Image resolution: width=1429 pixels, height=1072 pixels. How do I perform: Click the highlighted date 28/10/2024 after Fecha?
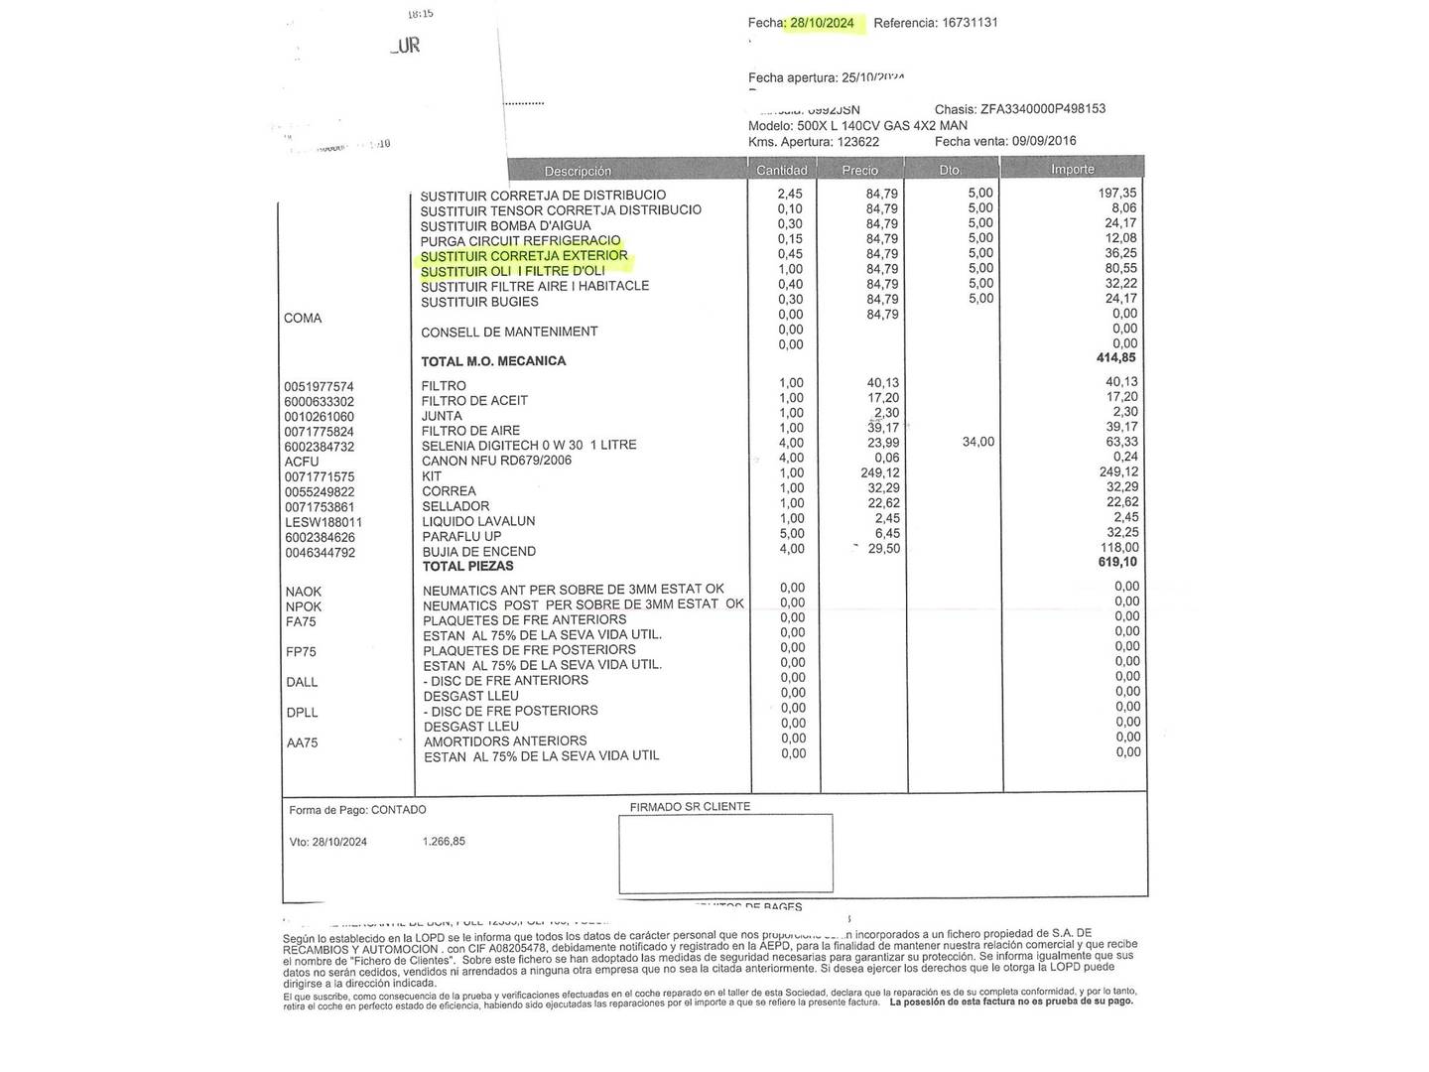(x=822, y=23)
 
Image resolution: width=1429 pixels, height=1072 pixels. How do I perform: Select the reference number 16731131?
(x=970, y=23)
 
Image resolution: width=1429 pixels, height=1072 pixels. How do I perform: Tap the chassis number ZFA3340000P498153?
(x=1042, y=109)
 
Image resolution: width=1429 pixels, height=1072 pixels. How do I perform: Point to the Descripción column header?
(x=578, y=171)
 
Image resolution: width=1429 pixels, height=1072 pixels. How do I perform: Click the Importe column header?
(x=1072, y=170)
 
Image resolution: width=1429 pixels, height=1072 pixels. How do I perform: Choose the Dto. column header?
(x=951, y=170)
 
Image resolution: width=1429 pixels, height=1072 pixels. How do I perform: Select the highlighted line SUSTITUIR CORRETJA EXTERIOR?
(x=524, y=256)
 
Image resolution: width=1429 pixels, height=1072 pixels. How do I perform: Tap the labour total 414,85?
(x=1115, y=357)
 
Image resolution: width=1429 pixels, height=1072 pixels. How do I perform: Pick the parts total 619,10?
(x=1116, y=562)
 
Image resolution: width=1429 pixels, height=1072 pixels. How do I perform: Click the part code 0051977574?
(x=319, y=386)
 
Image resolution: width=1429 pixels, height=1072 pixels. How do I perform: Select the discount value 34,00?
(x=977, y=442)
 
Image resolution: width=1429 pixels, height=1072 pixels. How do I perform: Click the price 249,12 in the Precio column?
(x=880, y=472)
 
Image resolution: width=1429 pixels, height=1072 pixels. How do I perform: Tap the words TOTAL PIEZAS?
(x=468, y=566)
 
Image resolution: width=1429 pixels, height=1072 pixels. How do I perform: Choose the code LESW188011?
(x=324, y=522)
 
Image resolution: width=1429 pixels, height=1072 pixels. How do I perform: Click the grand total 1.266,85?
(x=444, y=841)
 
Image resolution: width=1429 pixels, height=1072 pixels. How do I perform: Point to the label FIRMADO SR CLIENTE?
(x=690, y=807)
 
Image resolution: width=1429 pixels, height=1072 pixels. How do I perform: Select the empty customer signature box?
(x=725, y=854)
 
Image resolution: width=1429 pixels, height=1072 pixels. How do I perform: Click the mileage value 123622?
(x=857, y=142)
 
